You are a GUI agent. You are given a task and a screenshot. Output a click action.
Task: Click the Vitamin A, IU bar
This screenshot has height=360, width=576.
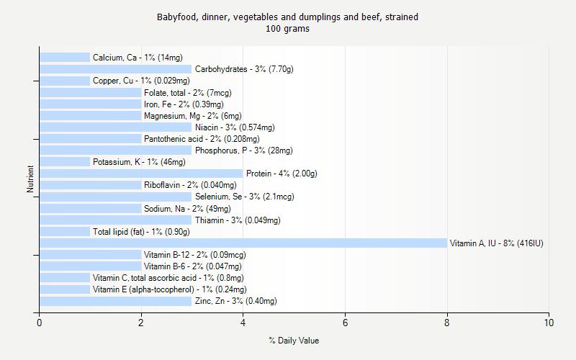(243, 243)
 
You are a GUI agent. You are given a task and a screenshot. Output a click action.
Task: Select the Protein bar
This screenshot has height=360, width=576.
(141, 174)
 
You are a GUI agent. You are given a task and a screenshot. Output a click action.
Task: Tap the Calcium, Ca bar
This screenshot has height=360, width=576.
(65, 58)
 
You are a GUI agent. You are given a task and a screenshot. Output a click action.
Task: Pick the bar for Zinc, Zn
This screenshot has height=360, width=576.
(115, 301)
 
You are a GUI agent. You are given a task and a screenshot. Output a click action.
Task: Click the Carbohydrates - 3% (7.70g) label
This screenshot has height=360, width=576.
(244, 69)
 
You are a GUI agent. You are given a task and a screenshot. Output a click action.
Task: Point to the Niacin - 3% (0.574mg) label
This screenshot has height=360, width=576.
(235, 127)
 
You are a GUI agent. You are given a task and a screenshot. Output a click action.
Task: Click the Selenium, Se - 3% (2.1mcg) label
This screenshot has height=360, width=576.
(244, 197)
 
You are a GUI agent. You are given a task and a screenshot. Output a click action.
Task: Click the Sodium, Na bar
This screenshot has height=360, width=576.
(90, 209)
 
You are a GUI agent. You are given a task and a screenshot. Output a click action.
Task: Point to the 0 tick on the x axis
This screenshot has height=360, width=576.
(40, 323)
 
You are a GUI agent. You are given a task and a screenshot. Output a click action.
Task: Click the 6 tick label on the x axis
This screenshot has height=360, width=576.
(345, 323)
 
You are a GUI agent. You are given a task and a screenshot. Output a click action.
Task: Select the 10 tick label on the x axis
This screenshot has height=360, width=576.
(549, 323)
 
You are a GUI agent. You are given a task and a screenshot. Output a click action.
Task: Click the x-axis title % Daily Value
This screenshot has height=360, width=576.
(294, 341)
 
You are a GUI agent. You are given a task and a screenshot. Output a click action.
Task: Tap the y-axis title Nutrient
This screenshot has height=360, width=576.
(30, 179)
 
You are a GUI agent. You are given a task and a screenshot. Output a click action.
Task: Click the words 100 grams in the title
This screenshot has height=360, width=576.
(287, 29)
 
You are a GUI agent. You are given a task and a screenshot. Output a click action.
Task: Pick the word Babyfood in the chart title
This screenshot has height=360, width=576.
(176, 17)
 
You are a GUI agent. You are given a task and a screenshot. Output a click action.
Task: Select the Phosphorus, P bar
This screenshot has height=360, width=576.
(115, 150)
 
